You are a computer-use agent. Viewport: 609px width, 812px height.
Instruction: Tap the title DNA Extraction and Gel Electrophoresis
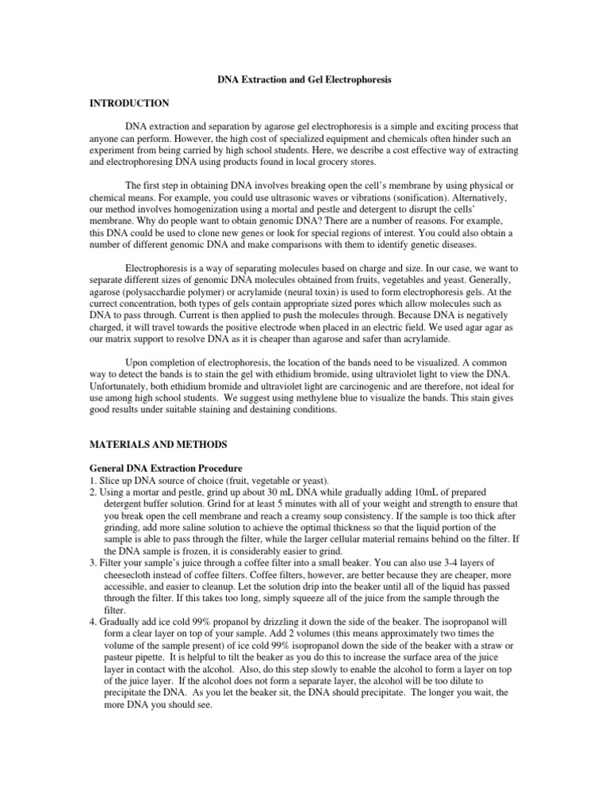(304, 80)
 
